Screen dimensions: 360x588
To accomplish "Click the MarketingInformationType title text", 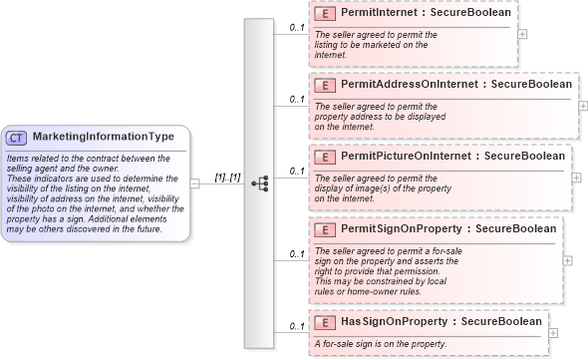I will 104,137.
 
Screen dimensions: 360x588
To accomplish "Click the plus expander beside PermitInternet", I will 523,33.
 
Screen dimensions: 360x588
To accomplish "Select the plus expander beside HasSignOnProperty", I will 553,332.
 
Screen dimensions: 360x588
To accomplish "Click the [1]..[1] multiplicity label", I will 228,178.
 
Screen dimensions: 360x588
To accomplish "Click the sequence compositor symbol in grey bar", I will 260,183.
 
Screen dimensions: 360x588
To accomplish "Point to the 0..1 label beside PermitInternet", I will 296,27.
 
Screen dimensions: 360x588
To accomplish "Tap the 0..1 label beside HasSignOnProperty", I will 296,326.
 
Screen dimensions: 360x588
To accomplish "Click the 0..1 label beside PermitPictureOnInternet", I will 296,171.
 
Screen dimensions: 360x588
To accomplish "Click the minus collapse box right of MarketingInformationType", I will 194,183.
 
